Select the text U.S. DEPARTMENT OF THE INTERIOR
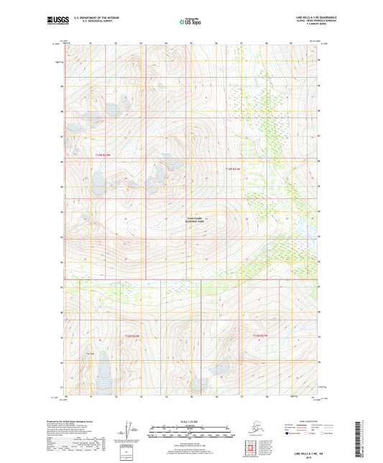(x=91, y=16)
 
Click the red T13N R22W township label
(x=103, y=155)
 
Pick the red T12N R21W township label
(x=259, y=335)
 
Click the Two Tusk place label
(x=90, y=352)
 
